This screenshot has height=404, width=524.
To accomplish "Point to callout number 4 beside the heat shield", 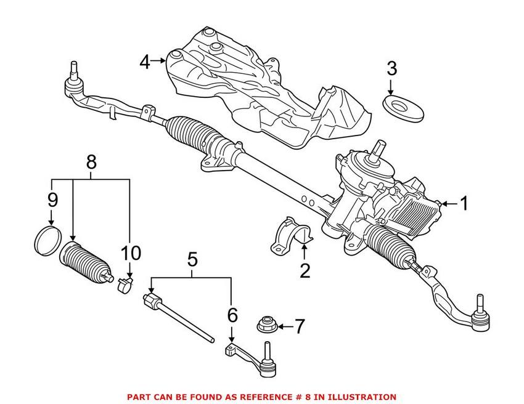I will click(x=145, y=61).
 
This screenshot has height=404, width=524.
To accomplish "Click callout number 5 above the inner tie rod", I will click(x=192, y=259).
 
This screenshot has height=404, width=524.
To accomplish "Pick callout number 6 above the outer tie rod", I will click(x=232, y=315).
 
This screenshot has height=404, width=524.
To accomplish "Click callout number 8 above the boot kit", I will click(x=91, y=163).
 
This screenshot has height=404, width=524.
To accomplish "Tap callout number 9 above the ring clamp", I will click(x=52, y=200).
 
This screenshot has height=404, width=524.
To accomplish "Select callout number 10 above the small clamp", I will click(x=131, y=253).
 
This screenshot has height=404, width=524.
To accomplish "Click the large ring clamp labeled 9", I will click(x=45, y=239).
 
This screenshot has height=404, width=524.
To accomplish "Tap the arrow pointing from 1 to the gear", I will click(x=448, y=203).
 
